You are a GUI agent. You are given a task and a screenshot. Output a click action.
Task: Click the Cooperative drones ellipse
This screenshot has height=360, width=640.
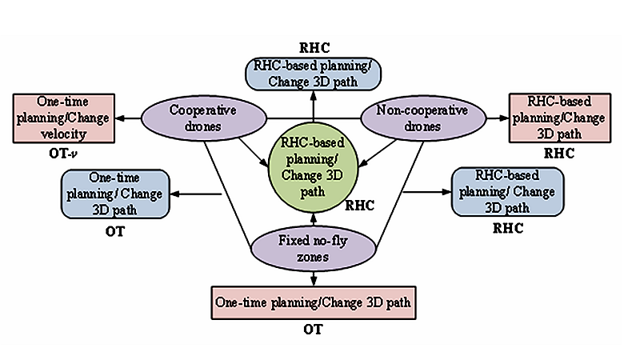click(x=188, y=119)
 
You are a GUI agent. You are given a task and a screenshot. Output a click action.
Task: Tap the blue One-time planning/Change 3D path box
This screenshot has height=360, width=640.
click(x=114, y=192)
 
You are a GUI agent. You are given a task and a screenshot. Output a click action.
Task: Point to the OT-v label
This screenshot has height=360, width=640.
click(x=62, y=150)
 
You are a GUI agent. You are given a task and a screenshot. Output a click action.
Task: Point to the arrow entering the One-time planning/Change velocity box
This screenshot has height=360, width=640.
click(x=126, y=118)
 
